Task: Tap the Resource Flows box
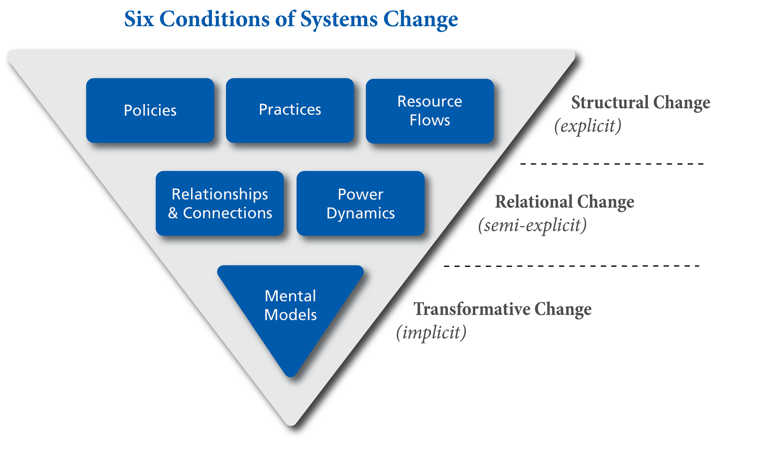[x=430, y=111]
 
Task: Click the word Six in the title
[x=139, y=19]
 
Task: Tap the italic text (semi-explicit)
[x=532, y=225]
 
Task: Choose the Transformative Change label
[x=503, y=309]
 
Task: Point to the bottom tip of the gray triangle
[x=291, y=424]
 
